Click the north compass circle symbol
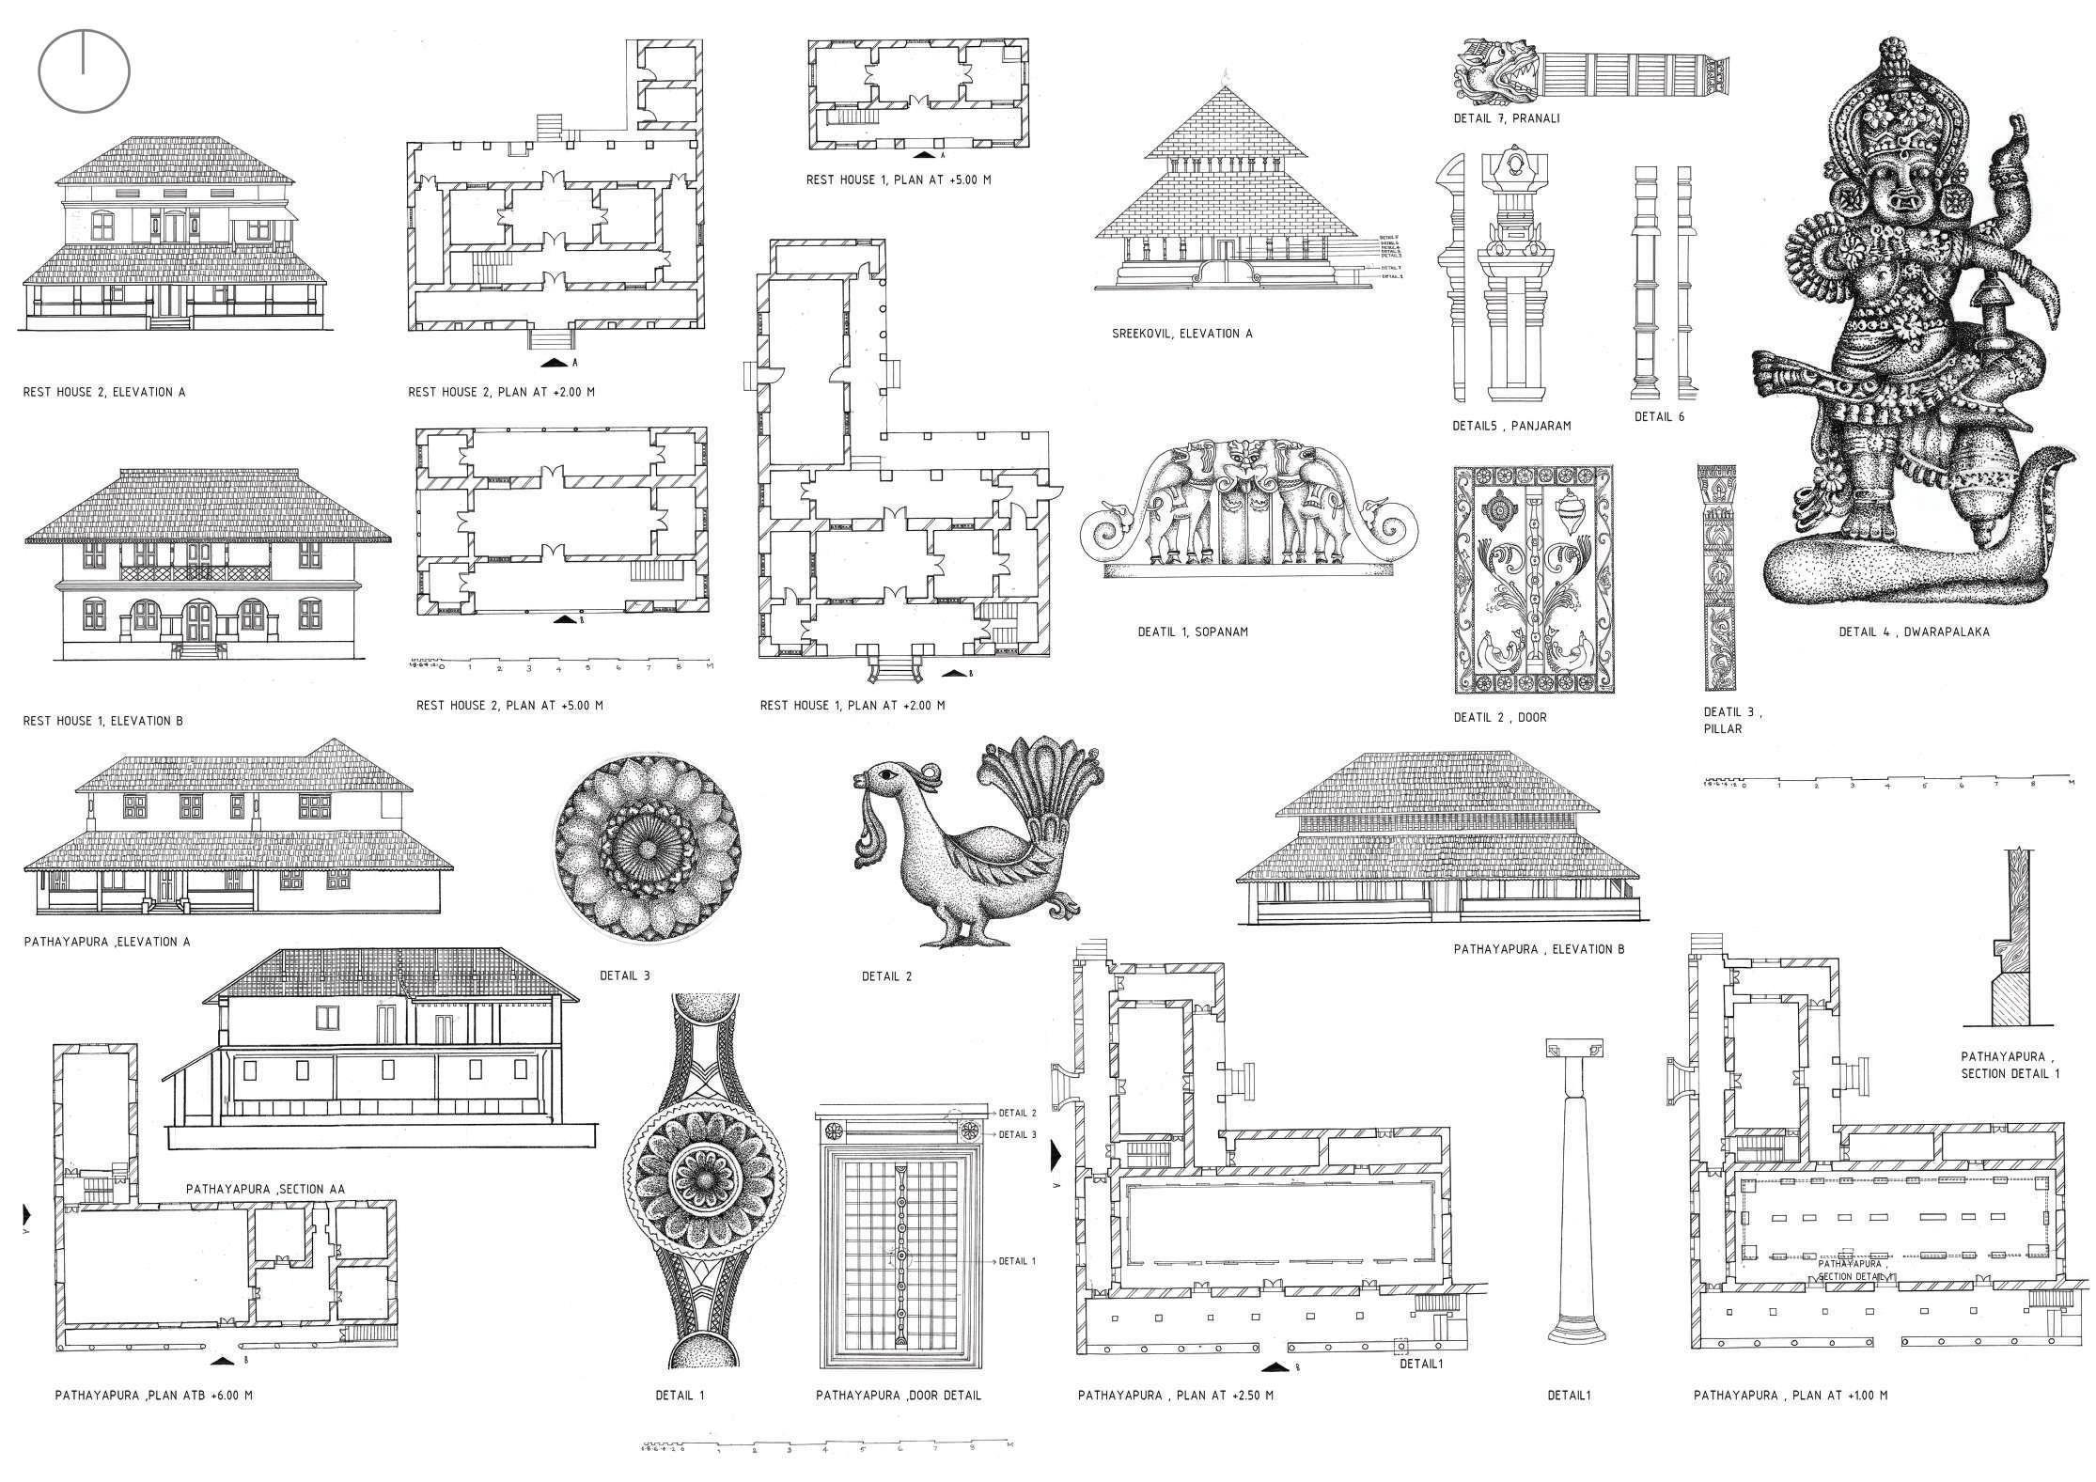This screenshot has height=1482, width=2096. (x=84, y=71)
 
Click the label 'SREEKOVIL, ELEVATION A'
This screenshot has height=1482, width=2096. (x=1181, y=334)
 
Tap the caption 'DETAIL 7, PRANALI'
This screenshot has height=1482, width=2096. (x=1506, y=119)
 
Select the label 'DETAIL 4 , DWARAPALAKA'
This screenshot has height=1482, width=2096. (x=1914, y=632)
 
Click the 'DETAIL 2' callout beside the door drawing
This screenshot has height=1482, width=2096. (x=1017, y=1113)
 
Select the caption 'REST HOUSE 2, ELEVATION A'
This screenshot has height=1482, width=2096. (x=104, y=392)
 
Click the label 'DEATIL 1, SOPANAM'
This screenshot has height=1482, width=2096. (x=1193, y=632)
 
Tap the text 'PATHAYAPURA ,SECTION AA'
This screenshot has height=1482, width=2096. (x=265, y=1189)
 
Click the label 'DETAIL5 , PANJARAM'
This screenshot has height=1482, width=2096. (x=1511, y=426)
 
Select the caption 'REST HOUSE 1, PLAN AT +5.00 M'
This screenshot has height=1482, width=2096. (x=898, y=179)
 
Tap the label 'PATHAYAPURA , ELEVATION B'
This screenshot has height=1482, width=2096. (x=1539, y=950)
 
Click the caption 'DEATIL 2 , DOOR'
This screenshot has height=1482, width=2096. (x=1499, y=717)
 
